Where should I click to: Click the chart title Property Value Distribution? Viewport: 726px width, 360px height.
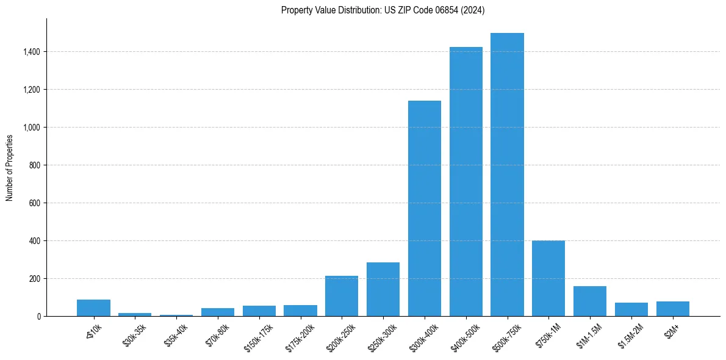tap(383, 10)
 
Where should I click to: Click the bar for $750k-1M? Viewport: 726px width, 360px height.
tap(548, 278)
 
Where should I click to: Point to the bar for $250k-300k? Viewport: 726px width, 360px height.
tap(383, 289)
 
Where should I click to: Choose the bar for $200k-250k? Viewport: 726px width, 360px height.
tap(342, 296)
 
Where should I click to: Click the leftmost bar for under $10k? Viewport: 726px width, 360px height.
tap(93, 308)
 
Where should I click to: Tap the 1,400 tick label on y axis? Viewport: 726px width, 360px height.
tap(32, 52)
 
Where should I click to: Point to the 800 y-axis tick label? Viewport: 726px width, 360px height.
tap(35, 165)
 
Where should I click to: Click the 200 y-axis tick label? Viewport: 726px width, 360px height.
tap(35, 279)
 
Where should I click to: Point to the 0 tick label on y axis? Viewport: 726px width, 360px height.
tap(38, 317)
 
